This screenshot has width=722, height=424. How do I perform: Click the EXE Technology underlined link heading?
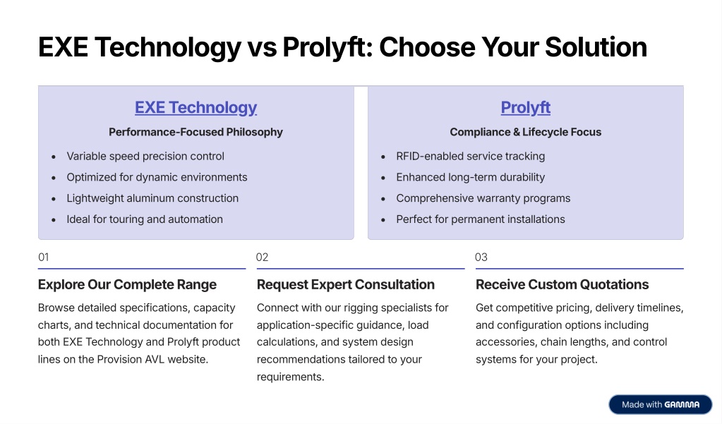pos(195,108)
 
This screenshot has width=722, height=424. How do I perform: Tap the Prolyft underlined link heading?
pos(525,108)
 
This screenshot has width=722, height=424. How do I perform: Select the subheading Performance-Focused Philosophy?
pos(195,132)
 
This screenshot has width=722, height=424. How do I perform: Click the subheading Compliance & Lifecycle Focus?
pos(525,132)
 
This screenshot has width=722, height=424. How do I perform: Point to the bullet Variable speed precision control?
pos(145,156)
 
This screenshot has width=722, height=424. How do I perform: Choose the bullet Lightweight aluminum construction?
pos(152,198)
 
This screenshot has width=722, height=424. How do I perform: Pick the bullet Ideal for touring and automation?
pos(145,219)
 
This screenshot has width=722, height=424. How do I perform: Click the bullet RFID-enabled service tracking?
pos(471,156)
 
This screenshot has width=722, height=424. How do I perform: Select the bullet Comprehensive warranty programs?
pos(483,198)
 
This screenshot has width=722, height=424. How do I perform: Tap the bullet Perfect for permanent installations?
pos(480,219)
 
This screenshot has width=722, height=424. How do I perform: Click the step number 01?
pos(44,258)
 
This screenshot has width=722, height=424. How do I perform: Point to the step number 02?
pos(263,258)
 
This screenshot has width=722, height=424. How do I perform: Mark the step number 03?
pos(481,258)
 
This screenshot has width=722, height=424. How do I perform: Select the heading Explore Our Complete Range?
pos(127,284)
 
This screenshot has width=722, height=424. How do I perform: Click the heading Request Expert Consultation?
pos(345,284)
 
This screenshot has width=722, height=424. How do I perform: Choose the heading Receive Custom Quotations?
pos(562,284)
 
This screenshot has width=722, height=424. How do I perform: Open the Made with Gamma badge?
pos(661,405)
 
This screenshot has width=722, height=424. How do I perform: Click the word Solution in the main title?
pos(596,47)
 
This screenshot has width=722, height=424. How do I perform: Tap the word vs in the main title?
pos(262,48)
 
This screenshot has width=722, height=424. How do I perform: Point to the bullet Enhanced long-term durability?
pos(470,177)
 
